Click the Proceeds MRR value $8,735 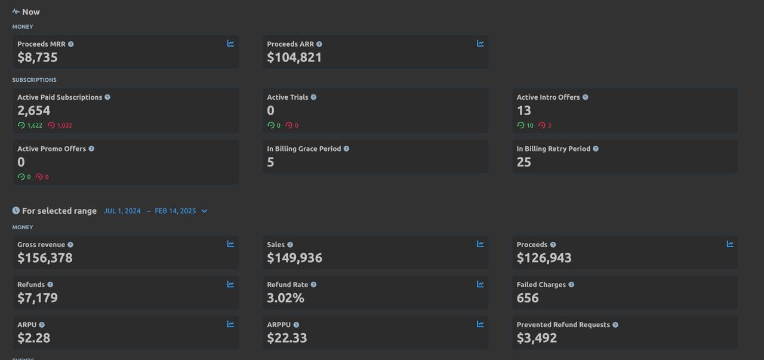(x=38, y=57)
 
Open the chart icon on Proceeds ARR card (x=480, y=44)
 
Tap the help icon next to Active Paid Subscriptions (x=107, y=97)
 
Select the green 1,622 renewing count (x=35, y=125)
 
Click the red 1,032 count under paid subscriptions (x=64, y=125)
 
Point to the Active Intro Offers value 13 (x=523, y=110)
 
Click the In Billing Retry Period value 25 (x=523, y=162)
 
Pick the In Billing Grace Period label (x=304, y=149)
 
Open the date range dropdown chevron (x=204, y=211)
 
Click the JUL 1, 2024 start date (x=122, y=211)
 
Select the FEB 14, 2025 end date (x=175, y=211)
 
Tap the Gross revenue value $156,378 (x=45, y=258)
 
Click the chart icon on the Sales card (x=480, y=244)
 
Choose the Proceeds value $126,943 (x=544, y=258)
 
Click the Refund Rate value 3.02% (x=285, y=298)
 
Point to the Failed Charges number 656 (x=528, y=298)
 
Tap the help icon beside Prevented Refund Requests (x=615, y=325)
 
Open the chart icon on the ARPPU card (x=480, y=324)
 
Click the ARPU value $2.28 (x=34, y=338)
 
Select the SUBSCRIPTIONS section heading (x=34, y=80)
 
